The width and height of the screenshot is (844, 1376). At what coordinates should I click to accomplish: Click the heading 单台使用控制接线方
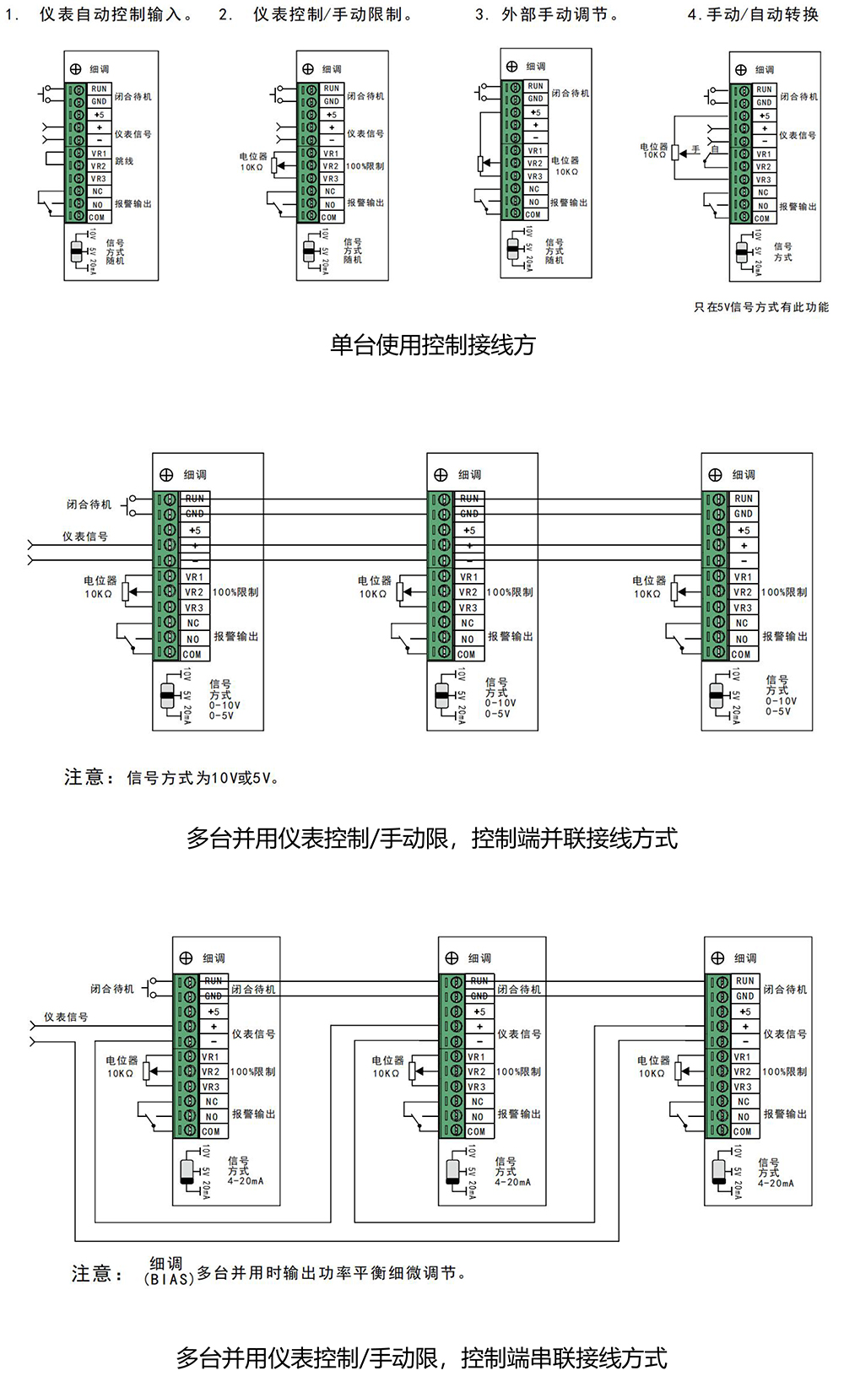click(x=432, y=345)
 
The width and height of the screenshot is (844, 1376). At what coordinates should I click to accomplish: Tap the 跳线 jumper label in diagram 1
click(x=125, y=160)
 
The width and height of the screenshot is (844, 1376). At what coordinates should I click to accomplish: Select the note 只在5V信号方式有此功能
click(x=761, y=307)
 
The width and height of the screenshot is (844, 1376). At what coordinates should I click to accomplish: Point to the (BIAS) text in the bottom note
click(x=169, y=1279)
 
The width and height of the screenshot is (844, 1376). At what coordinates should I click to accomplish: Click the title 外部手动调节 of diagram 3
click(x=560, y=14)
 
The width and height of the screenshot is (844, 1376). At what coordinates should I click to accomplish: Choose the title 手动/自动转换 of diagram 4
click(x=761, y=14)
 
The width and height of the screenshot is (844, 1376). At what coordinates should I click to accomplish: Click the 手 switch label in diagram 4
click(x=696, y=149)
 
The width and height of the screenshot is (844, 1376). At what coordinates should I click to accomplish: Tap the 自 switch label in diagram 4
click(x=715, y=149)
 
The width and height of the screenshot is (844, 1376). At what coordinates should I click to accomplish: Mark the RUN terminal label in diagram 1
click(x=99, y=89)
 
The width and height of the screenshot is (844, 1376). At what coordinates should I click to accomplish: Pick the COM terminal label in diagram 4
click(x=763, y=218)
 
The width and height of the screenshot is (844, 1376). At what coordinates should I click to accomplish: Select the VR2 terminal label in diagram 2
click(x=331, y=166)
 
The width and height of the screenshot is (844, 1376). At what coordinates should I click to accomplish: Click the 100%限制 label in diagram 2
click(x=365, y=166)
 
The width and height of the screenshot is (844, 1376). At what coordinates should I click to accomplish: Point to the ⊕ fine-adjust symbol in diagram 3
click(x=512, y=67)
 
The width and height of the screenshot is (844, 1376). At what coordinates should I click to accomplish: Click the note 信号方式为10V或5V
click(x=203, y=778)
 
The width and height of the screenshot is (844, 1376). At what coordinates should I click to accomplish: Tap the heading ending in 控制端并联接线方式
click(x=431, y=839)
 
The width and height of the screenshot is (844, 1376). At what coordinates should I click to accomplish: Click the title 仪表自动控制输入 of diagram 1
click(x=116, y=14)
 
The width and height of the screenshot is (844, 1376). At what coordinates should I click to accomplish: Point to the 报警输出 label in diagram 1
click(x=133, y=204)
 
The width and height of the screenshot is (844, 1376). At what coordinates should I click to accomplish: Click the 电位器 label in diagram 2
click(x=253, y=157)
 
